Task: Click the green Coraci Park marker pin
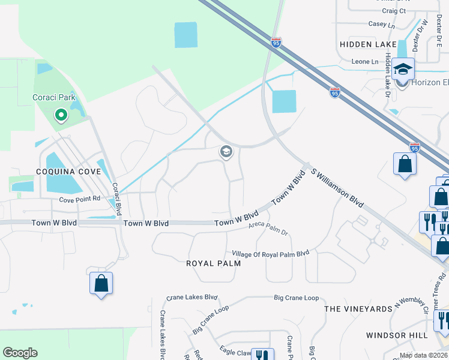coord(60,114)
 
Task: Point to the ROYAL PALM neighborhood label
coord(213,263)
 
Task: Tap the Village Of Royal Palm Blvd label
coord(268,253)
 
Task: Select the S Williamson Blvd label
coord(337,188)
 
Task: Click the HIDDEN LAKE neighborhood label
coord(368,44)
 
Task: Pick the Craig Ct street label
coord(394,11)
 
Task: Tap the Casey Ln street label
coord(382,25)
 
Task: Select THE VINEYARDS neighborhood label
coord(357,308)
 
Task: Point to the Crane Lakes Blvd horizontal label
coord(191,297)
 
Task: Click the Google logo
coord(20,353)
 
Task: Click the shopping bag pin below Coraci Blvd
coord(101,283)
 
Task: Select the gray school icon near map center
coord(226,152)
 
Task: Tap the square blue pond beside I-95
coord(284,101)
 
